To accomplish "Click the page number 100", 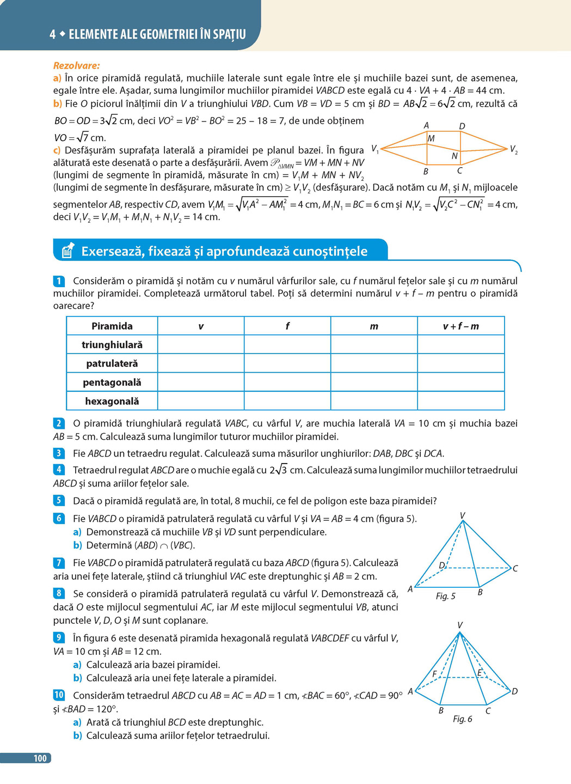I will click(x=40, y=758).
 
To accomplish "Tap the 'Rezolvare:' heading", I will click(x=77, y=65).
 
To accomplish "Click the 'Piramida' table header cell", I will click(x=112, y=326).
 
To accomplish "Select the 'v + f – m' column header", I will click(x=461, y=326).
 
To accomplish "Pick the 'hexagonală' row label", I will click(x=112, y=401).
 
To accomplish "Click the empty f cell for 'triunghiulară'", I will click(x=287, y=344).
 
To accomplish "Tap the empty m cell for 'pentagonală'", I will click(x=373, y=382).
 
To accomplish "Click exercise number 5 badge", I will click(x=59, y=500).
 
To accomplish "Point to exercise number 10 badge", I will click(x=59, y=695).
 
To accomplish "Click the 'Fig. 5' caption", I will click(x=445, y=596).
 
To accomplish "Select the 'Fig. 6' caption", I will click(x=462, y=719).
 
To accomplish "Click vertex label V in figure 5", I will click(x=462, y=515).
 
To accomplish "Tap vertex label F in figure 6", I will click(x=434, y=674).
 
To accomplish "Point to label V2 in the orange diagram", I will click(x=513, y=149).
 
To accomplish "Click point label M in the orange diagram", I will click(x=431, y=138).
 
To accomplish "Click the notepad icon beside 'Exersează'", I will click(x=67, y=251).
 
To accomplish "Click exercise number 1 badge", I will click(x=59, y=281).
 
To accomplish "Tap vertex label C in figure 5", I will click(x=515, y=568).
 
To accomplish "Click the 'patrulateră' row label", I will click(x=112, y=363).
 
